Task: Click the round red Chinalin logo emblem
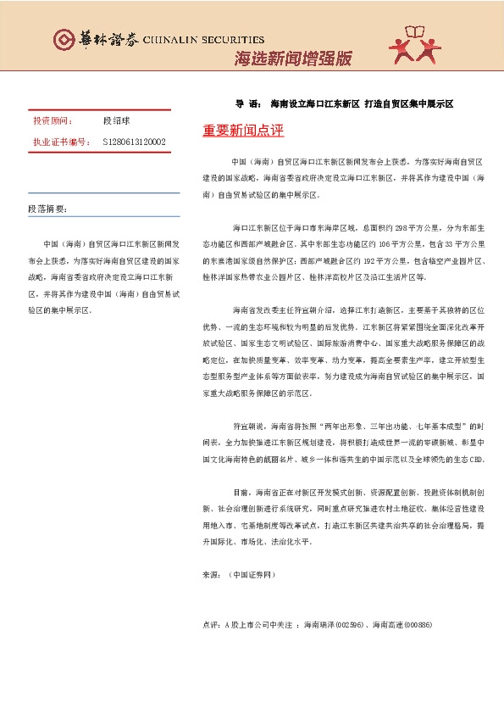tap(62, 39)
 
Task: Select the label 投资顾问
tap(53, 121)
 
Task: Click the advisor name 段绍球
tap(114, 121)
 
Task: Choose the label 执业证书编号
tap(60, 142)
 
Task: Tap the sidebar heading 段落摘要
tap(47, 209)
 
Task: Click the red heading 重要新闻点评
tap(243, 131)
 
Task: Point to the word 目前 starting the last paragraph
tap(239, 492)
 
